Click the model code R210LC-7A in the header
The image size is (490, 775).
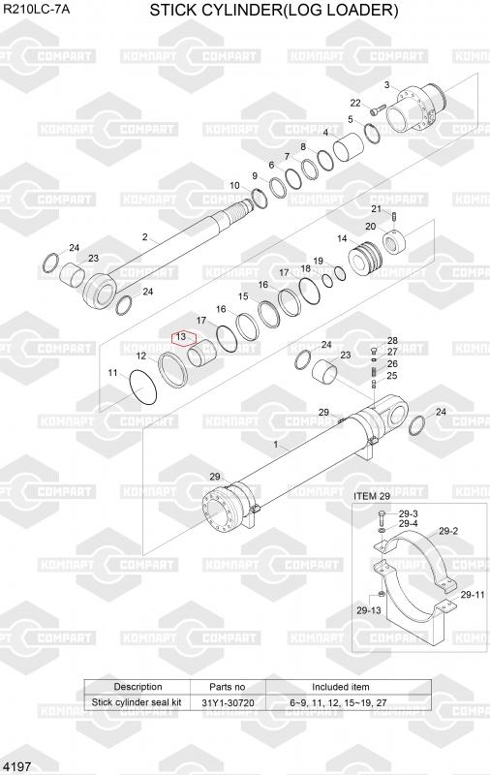(x=36, y=9)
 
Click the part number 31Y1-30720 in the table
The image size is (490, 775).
(x=228, y=702)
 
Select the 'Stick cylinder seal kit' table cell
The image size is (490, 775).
(x=137, y=702)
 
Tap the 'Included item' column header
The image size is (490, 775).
(x=340, y=687)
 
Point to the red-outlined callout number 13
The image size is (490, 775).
(x=181, y=336)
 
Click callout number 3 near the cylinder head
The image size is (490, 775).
(x=386, y=85)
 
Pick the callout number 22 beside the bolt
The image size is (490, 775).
(x=355, y=103)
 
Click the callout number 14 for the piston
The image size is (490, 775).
(x=342, y=238)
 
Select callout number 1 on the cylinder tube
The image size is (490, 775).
(x=276, y=445)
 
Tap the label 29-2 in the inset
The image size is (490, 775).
(x=448, y=531)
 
